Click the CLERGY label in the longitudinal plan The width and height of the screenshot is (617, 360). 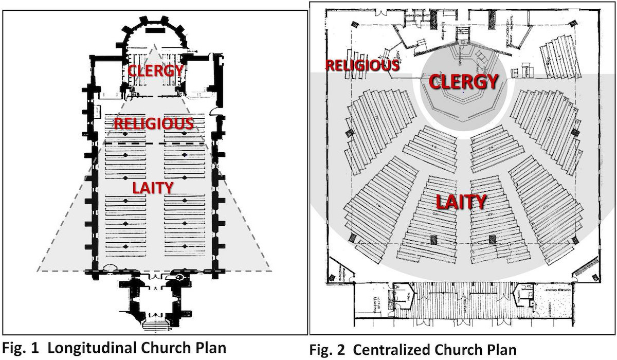[x=155, y=70]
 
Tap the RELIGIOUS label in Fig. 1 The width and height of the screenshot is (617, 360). [x=154, y=123]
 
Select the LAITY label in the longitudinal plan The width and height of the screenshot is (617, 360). [x=154, y=187]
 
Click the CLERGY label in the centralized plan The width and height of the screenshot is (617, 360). [x=463, y=81]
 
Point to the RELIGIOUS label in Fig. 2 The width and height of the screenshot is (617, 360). [x=362, y=65]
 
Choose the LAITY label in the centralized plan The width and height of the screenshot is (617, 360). [x=461, y=202]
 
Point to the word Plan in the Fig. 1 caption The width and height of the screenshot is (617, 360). [x=209, y=347]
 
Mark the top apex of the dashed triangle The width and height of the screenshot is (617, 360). [x=154, y=45]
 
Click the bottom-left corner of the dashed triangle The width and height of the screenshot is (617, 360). [x=38, y=271]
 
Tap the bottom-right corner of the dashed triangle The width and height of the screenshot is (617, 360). [x=271, y=269]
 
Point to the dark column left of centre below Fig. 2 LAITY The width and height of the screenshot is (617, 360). [x=433, y=239]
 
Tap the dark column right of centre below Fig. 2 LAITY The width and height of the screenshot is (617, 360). [x=492, y=239]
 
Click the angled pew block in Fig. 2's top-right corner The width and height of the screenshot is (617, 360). [x=557, y=57]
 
